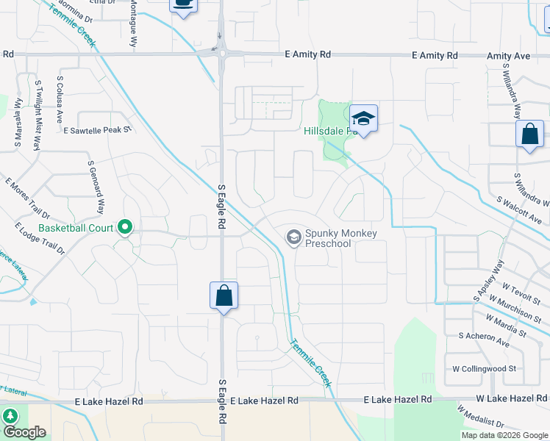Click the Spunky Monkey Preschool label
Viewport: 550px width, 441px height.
click(340, 238)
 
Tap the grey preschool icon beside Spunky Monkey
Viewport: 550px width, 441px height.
click(293, 237)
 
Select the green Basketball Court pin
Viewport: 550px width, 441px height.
click(125, 228)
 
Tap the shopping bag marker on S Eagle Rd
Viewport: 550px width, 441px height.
click(224, 296)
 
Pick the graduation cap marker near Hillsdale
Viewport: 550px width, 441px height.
click(363, 118)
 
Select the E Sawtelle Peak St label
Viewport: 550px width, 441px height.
click(96, 130)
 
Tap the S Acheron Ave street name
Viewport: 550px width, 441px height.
click(483, 339)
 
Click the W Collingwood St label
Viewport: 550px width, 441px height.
click(485, 367)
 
